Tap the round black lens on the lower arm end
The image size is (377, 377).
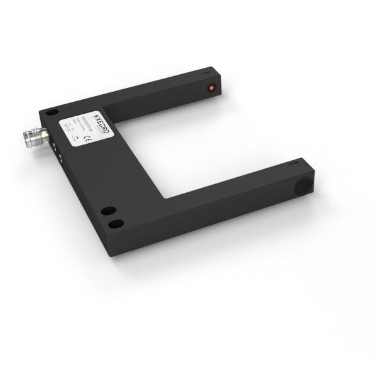click(x=303, y=187)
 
